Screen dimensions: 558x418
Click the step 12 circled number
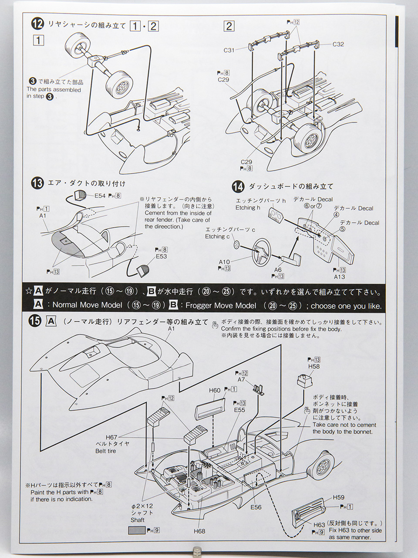click(37, 24)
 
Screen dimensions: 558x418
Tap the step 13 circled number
click(37, 183)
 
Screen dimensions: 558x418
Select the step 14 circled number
click(238, 186)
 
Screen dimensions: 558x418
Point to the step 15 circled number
click(35, 321)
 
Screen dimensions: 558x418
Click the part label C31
click(229, 50)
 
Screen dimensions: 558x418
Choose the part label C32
click(338, 44)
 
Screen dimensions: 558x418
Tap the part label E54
click(100, 196)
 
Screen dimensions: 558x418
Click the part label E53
click(161, 256)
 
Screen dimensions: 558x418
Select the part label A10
click(224, 262)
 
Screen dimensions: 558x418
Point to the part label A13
click(339, 276)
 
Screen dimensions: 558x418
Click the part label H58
click(313, 367)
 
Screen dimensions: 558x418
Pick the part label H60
click(215, 390)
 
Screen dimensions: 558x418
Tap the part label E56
click(256, 507)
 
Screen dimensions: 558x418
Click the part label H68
click(200, 531)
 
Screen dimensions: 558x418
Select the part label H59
click(338, 497)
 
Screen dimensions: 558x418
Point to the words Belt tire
click(106, 451)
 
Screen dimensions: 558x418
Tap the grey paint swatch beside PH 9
click(137, 530)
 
